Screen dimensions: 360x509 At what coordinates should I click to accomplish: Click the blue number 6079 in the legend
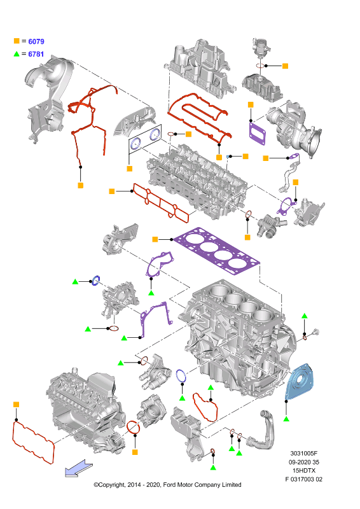[36, 41]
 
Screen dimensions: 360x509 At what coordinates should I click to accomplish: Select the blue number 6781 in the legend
[36, 54]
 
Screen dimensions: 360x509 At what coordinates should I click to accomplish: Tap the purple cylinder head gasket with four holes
[217, 251]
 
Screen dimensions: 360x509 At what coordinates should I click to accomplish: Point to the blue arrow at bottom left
[79, 468]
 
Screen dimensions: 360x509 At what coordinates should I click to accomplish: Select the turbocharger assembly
[294, 129]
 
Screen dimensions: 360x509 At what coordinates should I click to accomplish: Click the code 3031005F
[303, 454]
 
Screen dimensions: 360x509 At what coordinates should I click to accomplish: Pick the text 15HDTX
[304, 471]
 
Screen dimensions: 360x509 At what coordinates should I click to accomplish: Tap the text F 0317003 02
[303, 479]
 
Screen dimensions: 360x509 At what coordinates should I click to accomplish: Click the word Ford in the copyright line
[170, 485]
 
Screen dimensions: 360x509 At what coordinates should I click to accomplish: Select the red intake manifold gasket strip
[161, 203]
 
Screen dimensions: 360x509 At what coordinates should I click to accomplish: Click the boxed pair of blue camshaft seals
[145, 139]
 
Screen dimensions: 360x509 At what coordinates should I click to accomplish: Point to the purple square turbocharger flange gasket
[257, 133]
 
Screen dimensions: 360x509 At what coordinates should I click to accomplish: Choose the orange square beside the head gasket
[155, 240]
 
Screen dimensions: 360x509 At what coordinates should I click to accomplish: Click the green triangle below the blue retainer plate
[286, 419]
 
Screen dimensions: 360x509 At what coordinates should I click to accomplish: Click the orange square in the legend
[17, 41]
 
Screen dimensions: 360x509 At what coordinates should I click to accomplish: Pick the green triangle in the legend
[17, 54]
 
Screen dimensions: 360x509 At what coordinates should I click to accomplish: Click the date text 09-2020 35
[304, 463]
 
